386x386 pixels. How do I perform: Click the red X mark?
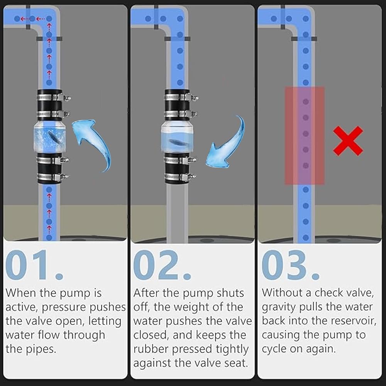click(348, 141)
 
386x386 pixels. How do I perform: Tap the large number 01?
click(34, 265)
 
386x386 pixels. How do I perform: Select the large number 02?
click(162, 265)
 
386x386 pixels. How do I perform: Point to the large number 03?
click(291, 265)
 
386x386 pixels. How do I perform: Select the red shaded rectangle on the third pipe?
click(305, 135)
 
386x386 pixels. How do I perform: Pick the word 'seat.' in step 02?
click(235, 363)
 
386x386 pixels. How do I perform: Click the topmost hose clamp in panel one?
click(54, 98)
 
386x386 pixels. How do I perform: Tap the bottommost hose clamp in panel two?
click(181, 177)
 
